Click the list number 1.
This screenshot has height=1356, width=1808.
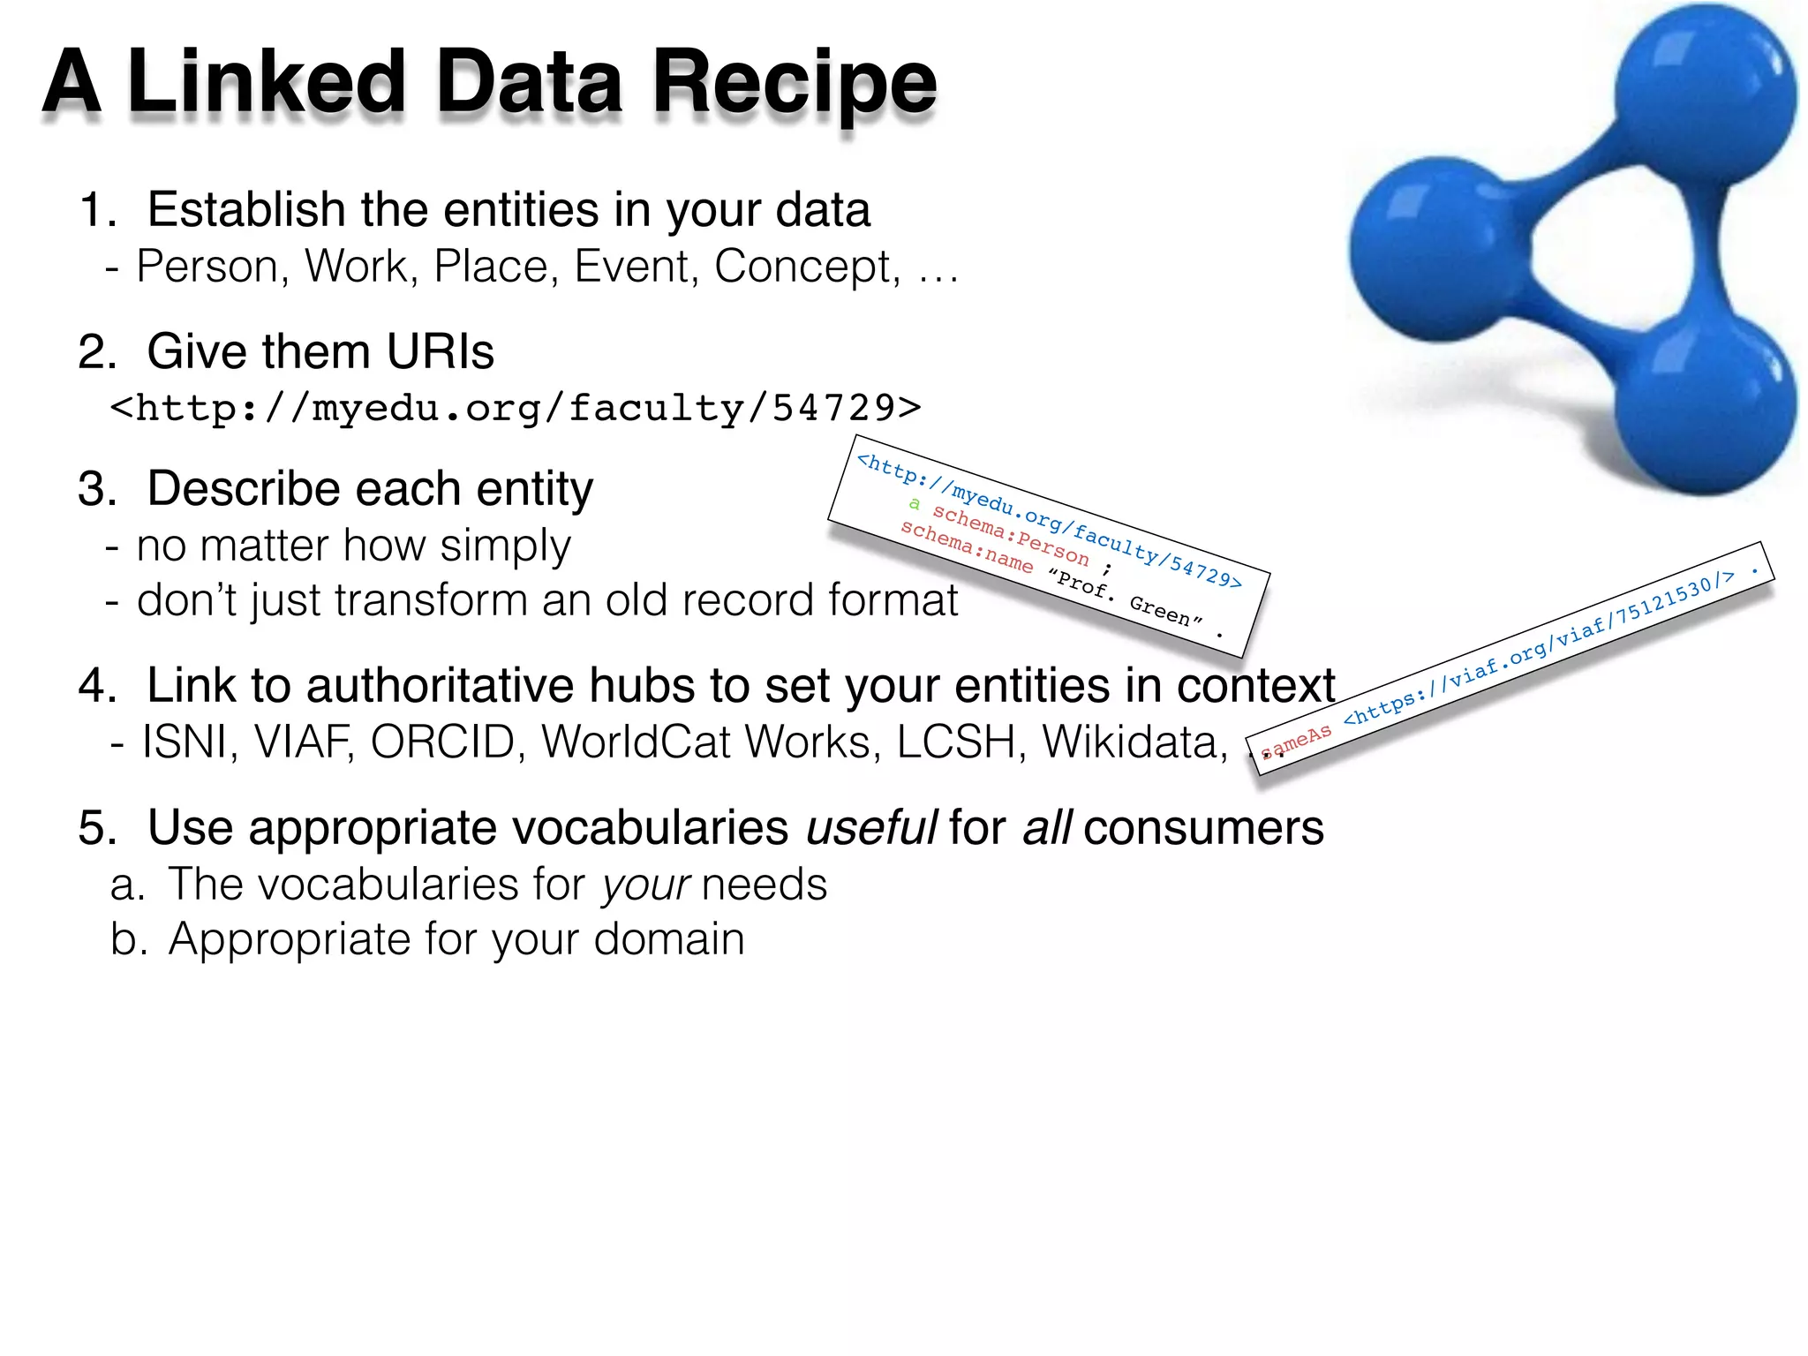(95, 211)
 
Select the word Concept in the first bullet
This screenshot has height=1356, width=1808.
(805, 267)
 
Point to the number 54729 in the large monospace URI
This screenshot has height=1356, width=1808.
(834, 408)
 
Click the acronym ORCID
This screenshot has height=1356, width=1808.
(442, 742)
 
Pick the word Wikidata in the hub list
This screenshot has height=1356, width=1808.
(1134, 742)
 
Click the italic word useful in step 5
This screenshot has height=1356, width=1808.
(870, 828)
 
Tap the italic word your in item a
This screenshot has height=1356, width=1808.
(644, 885)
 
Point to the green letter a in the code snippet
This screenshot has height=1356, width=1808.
(915, 504)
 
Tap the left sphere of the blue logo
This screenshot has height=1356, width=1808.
(1439, 249)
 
